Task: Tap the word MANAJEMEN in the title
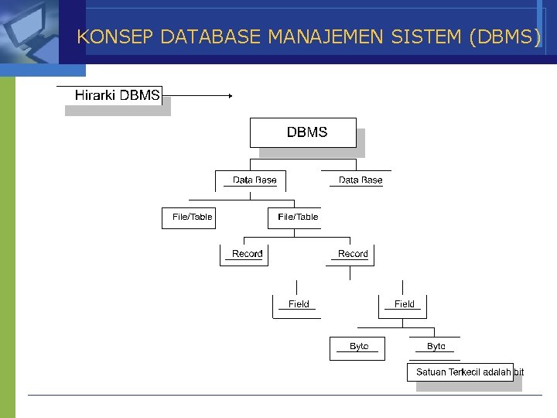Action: (327, 37)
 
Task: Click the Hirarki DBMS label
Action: (118, 96)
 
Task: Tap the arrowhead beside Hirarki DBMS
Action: (229, 96)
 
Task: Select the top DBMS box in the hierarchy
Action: (306, 132)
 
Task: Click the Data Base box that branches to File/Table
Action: (254, 180)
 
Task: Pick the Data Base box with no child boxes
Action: (361, 180)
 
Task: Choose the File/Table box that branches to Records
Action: (298, 218)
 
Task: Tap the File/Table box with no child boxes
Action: (192, 218)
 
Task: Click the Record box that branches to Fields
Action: (353, 254)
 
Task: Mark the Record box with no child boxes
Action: (247, 254)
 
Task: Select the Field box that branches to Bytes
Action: (404, 304)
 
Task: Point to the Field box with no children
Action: (299, 304)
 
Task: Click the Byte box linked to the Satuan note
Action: (436, 346)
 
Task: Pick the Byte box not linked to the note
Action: (359, 346)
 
